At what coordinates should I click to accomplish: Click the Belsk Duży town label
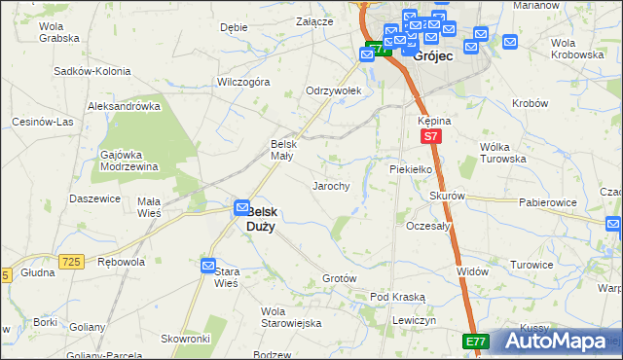point(261,219)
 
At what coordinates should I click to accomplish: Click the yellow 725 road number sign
point(68,262)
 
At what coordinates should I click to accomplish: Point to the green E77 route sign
point(475,341)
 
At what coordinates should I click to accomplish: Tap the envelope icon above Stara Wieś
point(208,266)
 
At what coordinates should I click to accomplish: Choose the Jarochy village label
point(331,185)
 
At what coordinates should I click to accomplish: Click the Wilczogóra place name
point(243,83)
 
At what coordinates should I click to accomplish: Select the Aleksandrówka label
point(124,106)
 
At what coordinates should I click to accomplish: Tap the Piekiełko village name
point(411,168)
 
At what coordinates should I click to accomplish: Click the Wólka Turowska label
point(502,153)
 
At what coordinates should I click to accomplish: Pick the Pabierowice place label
point(547,202)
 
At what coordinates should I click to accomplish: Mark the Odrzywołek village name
point(334,90)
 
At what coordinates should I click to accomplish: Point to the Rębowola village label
point(122,262)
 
